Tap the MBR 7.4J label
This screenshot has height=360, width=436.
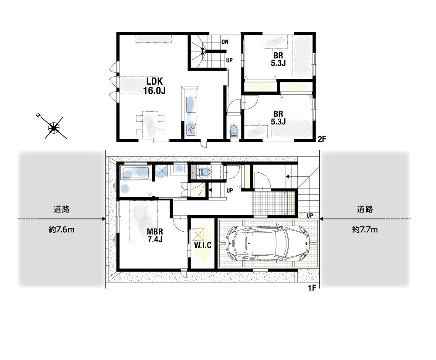click(155, 235)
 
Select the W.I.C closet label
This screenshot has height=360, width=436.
click(203, 245)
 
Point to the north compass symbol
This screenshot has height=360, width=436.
click(54, 128)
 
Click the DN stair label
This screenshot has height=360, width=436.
click(225, 42)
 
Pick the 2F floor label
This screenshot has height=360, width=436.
click(322, 139)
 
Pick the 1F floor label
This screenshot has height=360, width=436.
click(312, 288)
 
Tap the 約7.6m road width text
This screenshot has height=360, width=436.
click(61, 230)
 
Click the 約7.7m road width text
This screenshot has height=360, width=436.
click(365, 230)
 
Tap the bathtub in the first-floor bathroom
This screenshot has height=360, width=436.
click(136, 173)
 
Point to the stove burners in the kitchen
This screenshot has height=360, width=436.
click(191, 129)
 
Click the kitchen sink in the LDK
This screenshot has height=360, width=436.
click(191, 105)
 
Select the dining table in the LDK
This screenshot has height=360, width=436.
click(150, 125)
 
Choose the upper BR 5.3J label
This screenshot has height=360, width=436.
click(278, 59)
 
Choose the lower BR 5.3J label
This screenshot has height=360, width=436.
click(278, 118)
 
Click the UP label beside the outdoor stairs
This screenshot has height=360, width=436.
click(310, 216)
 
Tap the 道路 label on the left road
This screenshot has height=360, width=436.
click(61, 209)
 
